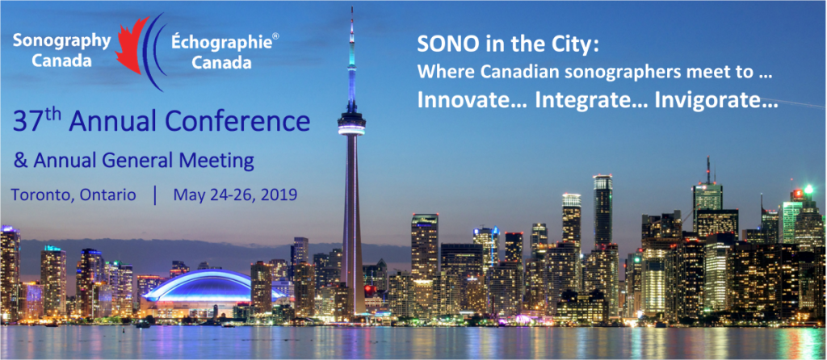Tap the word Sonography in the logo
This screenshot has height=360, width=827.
[x=61, y=42]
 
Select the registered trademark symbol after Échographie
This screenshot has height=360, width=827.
[x=275, y=36]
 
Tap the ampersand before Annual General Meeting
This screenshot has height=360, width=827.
[x=20, y=161]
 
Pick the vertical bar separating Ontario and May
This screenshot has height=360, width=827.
[x=155, y=195]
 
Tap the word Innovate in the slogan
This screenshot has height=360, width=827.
[x=471, y=101]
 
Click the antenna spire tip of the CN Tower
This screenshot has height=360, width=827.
[x=351, y=8]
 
